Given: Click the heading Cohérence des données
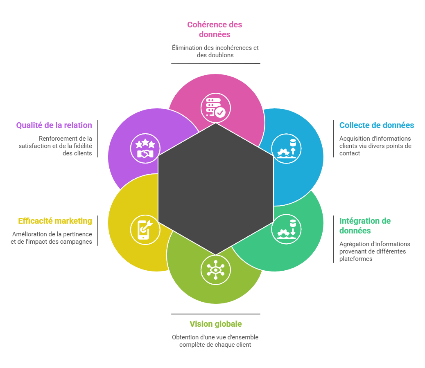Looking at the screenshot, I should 215,29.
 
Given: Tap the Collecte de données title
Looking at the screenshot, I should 377,125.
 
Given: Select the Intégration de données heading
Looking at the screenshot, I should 365,226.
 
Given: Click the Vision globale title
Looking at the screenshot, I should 215,324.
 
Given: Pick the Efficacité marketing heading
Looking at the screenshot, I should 55,221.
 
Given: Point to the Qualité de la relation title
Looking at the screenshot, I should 54,125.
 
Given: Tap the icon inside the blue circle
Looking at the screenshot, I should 287,149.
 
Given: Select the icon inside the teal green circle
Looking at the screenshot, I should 287,229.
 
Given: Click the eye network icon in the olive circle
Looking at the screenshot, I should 216,270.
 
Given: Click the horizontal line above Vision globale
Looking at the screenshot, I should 215,314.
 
